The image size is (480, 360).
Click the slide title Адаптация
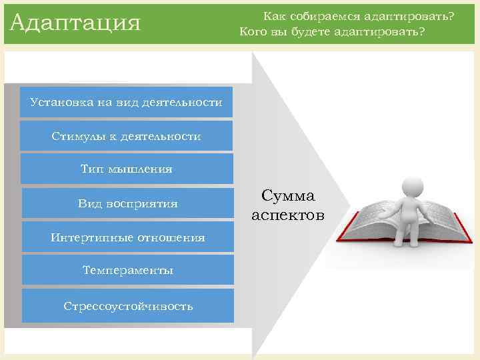click(75, 23)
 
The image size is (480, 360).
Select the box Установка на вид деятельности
click(126, 102)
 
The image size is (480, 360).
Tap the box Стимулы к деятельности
click(126, 136)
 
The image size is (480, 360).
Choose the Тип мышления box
click(127, 169)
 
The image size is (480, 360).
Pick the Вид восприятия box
click(127, 203)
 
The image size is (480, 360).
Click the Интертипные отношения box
click(127, 237)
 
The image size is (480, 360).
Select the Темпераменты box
click(127, 271)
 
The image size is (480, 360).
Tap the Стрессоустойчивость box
click(128, 306)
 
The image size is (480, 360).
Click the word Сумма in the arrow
click(288, 196)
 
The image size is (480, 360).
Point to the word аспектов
click(288, 215)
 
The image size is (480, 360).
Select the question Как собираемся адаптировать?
click(353, 15)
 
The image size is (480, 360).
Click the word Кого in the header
click(253, 31)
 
